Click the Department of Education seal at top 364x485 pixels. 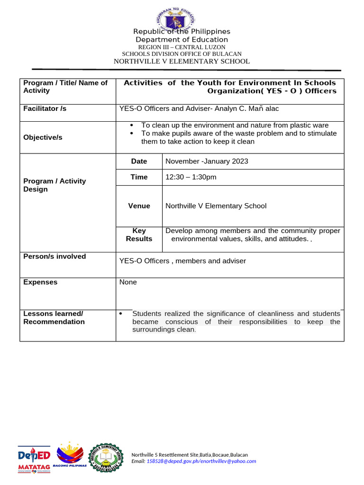[x=175, y=20]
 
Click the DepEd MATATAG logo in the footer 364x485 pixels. [x=34, y=459]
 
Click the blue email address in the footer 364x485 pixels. [x=201, y=461]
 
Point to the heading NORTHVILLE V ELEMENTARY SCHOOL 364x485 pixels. [x=182, y=61]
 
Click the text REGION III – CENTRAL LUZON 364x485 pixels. [x=182, y=47]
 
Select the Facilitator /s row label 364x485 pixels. [x=45, y=108]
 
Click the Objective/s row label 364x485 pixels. [x=43, y=137]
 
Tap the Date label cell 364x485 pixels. [x=139, y=161]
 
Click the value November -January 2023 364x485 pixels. [x=207, y=161]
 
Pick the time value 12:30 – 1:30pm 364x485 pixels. [x=191, y=177]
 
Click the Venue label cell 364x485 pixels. [x=139, y=206]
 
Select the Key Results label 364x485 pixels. [x=139, y=234]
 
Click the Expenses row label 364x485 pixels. [x=40, y=282]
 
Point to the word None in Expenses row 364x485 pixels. [x=128, y=282]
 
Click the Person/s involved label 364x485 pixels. [x=55, y=256]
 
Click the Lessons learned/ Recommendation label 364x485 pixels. [x=54, y=317]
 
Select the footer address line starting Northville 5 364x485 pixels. [x=189, y=454]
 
